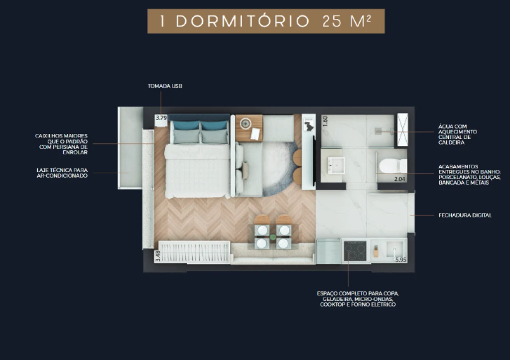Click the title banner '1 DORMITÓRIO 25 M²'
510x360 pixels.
pyautogui.click(x=266, y=21)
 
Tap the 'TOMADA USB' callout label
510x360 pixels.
pyautogui.click(x=165, y=86)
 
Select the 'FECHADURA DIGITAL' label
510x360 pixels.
pyautogui.click(x=465, y=215)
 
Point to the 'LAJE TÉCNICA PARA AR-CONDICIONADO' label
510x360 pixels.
pyautogui.click(x=62, y=173)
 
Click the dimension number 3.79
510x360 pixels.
pyautogui.click(x=161, y=118)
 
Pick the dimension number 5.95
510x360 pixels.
pyautogui.click(x=400, y=259)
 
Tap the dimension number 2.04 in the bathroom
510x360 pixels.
pyautogui.click(x=399, y=179)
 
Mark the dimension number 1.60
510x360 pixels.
pyautogui.click(x=325, y=121)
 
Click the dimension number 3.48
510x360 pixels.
pyautogui.click(x=158, y=255)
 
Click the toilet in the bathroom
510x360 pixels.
pyautogui.click(x=393, y=166)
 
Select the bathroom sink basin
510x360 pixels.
pyautogui.click(x=336, y=165)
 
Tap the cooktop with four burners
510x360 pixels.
pyautogui.click(x=355, y=251)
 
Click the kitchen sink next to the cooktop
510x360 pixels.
pyautogui.click(x=394, y=249)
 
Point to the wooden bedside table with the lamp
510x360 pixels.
pyautogui.click(x=249, y=128)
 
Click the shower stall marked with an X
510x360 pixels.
pyautogui.click(x=402, y=130)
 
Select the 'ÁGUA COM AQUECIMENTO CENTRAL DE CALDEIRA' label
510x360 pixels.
pyautogui.click(x=458, y=134)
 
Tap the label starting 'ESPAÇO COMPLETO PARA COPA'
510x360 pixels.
pyautogui.click(x=358, y=299)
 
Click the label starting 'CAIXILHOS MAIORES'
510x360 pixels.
pyautogui.click(x=61, y=144)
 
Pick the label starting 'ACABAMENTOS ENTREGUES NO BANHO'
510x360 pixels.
pyautogui.click(x=469, y=175)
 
